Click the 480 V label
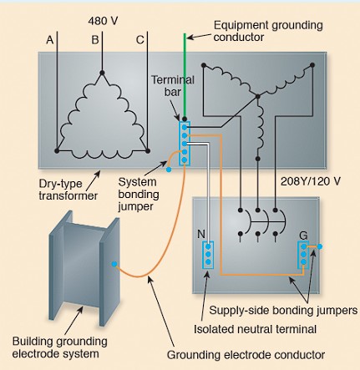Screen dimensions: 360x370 (x=103, y=21)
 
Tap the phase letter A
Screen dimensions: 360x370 (x=49, y=40)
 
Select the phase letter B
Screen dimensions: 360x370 (x=95, y=40)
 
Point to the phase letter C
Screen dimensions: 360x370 (x=139, y=40)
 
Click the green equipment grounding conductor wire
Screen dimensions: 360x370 (x=185, y=76)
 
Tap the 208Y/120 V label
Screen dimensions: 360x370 (x=310, y=181)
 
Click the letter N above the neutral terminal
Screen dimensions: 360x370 (x=201, y=234)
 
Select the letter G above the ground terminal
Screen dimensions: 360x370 (x=303, y=236)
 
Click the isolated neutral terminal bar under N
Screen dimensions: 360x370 (x=209, y=255)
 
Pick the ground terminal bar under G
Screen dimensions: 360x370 (x=303, y=255)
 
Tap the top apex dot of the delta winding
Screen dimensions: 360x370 (x=102, y=73)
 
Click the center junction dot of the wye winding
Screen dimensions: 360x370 (x=257, y=96)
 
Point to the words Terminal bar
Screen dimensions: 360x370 (x=173, y=86)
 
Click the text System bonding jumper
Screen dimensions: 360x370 (x=139, y=194)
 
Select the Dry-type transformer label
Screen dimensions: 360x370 (x=68, y=190)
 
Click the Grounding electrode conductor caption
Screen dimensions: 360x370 (x=246, y=355)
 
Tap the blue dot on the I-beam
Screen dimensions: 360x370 (x=114, y=264)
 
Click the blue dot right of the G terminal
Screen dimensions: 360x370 (x=320, y=246)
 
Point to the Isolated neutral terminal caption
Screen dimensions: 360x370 (x=255, y=329)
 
